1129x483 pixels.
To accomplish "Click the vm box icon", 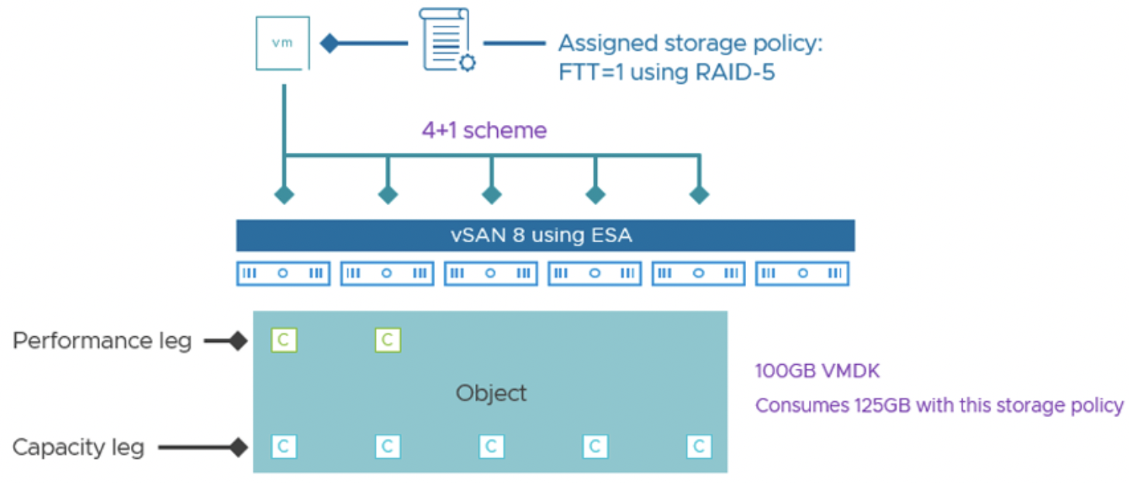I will click(x=283, y=43).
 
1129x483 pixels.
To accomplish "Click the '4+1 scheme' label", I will click(x=484, y=130).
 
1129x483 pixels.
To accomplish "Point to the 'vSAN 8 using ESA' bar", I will click(x=546, y=235).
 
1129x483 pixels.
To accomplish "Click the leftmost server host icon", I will click(x=283, y=273).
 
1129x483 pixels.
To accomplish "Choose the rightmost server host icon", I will click(x=802, y=273).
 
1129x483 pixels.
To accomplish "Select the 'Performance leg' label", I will click(x=102, y=341).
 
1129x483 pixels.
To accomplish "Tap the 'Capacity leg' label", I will click(x=79, y=447).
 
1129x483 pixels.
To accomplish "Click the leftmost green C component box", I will click(x=284, y=341).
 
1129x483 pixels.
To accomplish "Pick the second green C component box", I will click(x=387, y=341).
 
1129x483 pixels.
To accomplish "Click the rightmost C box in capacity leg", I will click(x=698, y=447).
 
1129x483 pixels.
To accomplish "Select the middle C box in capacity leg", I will click(x=491, y=447).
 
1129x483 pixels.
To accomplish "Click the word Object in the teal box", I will click(x=491, y=394).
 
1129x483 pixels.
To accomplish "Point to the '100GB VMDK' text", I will click(x=817, y=371).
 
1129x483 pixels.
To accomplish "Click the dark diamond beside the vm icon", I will click(x=329, y=43).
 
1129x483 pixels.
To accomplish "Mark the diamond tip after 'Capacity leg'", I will click(x=239, y=447).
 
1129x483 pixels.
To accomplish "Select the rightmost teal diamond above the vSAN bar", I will click(x=698, y=195).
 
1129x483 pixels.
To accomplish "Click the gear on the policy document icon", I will click(x=468, y=63).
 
